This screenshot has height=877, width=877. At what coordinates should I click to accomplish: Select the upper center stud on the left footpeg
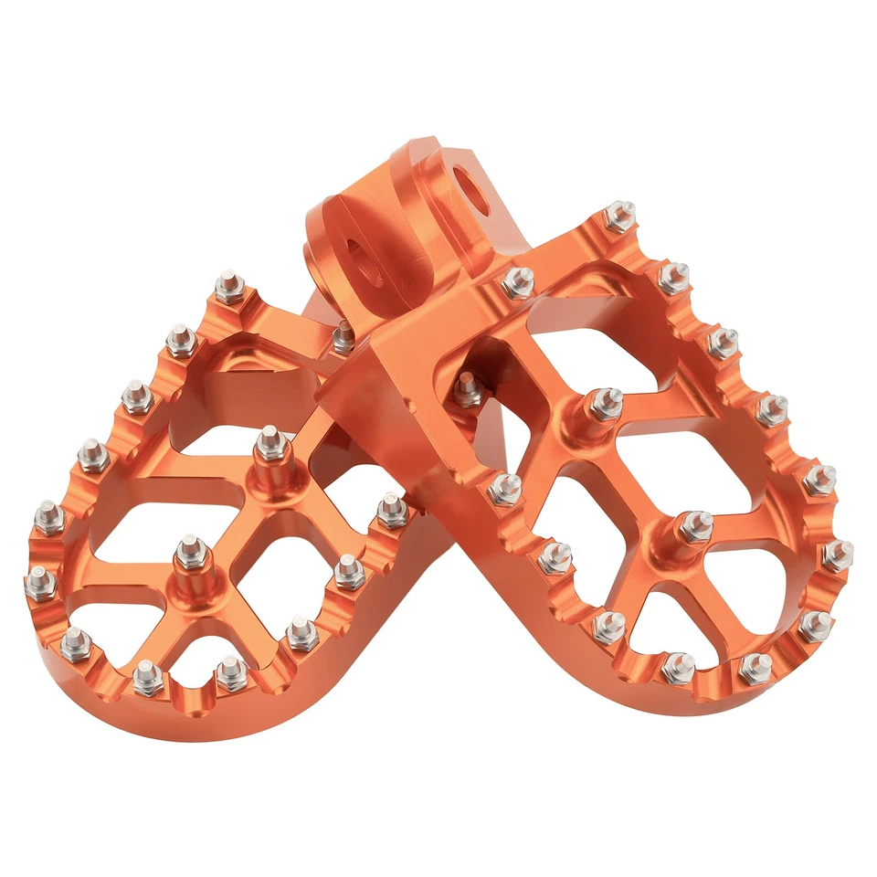click(267, 444)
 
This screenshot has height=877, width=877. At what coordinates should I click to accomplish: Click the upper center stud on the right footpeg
click(604, 403)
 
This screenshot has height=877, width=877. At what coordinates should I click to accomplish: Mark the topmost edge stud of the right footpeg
click(621, 216)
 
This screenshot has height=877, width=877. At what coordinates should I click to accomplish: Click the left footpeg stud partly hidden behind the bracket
click(343, 338)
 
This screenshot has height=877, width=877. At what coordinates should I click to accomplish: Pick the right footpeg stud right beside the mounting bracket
click(517, 280)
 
